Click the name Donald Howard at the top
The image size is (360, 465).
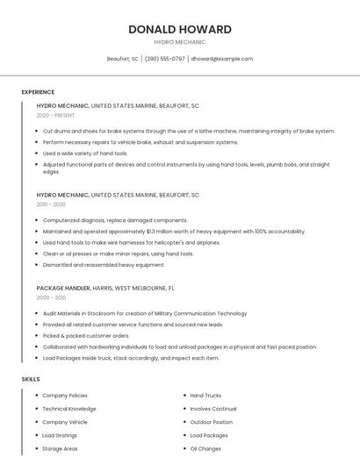pos(179,29)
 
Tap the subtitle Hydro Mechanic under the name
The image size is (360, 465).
pos(179,42)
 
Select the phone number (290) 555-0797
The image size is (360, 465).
pos(165,59)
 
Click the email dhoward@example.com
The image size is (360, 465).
pos(222,59)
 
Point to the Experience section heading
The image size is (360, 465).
pos(38,92)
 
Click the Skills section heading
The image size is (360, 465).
pos(31,379)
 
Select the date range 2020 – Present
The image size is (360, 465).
pos(55,115)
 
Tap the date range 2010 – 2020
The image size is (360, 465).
pos(51,204)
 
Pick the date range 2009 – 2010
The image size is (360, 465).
pos(51,297)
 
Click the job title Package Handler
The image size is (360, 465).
pos(62,288)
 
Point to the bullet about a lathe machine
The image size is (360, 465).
pos(189,131)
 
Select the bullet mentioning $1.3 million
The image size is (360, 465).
pos(174,232)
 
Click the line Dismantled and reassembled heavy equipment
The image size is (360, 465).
pos(104,265)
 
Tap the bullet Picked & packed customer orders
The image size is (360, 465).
pos(86,336)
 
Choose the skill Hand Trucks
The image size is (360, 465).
pos(205,396)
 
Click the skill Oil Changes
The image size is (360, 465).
pos(205,448)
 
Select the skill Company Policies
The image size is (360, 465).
pos(65,396)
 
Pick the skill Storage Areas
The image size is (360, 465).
pos(60,448)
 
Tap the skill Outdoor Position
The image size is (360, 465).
pos(212,422)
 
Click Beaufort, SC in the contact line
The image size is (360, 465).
pos(123,59)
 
